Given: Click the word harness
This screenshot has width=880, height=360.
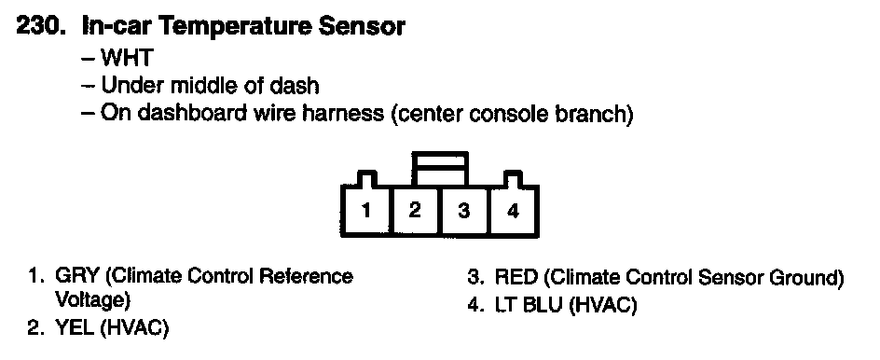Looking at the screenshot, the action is point(342,114).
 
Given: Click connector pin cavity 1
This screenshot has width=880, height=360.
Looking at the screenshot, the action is point(366,211).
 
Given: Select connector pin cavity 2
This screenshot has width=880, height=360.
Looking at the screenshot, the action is point(416,211).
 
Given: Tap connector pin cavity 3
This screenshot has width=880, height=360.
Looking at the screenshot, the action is point(464,211).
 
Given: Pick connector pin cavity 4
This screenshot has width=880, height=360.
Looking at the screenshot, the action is point(513,211).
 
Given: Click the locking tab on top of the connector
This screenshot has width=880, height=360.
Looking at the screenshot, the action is point(439,168).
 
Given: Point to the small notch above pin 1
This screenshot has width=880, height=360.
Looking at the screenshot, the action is point(366,178).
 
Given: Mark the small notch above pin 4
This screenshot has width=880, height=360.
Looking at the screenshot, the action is point(513,178).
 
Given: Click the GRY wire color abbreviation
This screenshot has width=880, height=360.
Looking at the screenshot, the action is point(76,276).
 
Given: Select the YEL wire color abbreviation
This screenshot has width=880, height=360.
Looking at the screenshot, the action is point(75,328).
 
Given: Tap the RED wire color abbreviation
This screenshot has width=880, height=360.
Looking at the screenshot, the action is point(516,277).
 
